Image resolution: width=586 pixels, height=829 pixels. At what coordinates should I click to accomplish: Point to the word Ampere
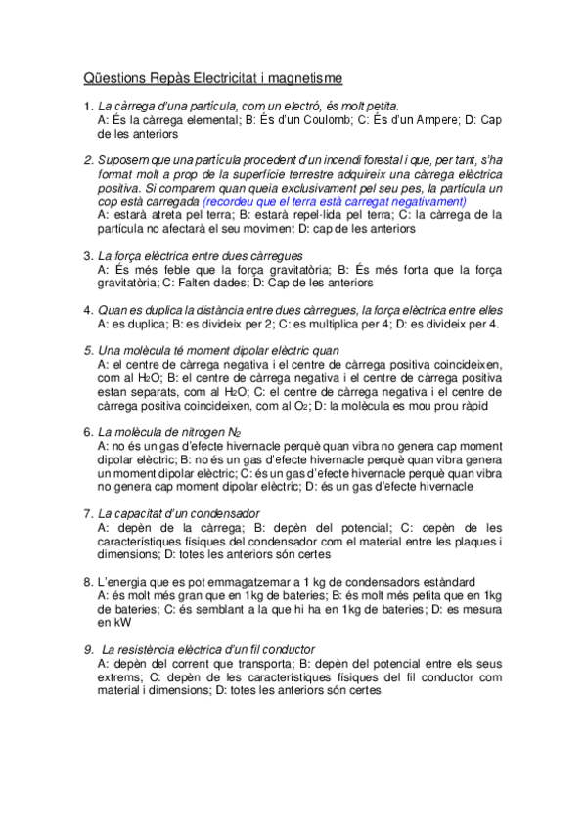tap(429, 119)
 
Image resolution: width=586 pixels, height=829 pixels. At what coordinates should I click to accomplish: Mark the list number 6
tap(87, 432)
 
